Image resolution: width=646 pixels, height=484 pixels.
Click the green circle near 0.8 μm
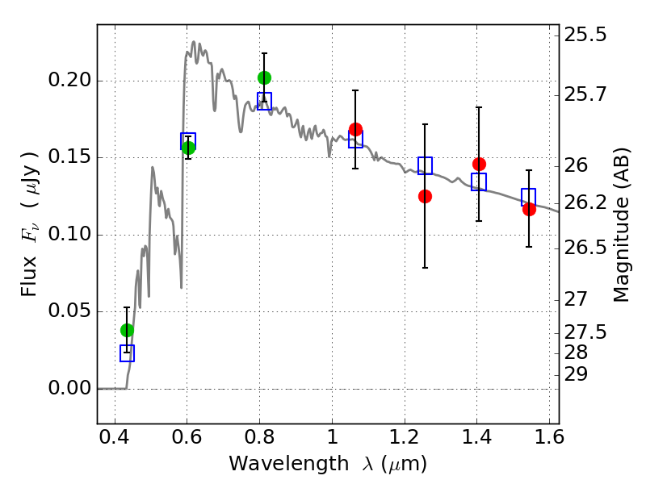265,77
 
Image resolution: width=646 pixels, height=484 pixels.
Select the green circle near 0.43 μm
128,330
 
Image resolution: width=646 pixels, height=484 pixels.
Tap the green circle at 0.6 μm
188,148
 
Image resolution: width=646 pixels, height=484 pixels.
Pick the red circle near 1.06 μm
355,129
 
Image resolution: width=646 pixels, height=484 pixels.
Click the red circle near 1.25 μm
426,196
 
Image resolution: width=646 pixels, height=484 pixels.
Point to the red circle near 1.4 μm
479,165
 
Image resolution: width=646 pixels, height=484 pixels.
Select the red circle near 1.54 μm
530,209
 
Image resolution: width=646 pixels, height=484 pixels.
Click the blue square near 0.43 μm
128,353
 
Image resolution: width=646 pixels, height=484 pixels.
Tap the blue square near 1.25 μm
426,165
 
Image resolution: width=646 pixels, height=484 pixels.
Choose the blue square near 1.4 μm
479,181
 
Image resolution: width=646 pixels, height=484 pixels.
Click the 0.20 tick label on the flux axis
69,79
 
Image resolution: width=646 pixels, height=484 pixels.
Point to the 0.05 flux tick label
69,311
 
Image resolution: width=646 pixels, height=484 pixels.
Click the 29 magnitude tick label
576,375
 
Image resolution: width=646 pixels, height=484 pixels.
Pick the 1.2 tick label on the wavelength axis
405,436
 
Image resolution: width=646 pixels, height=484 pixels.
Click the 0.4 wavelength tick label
115,436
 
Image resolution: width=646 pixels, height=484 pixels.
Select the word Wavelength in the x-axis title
289,463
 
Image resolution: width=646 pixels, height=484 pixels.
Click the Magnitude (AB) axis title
621,225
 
